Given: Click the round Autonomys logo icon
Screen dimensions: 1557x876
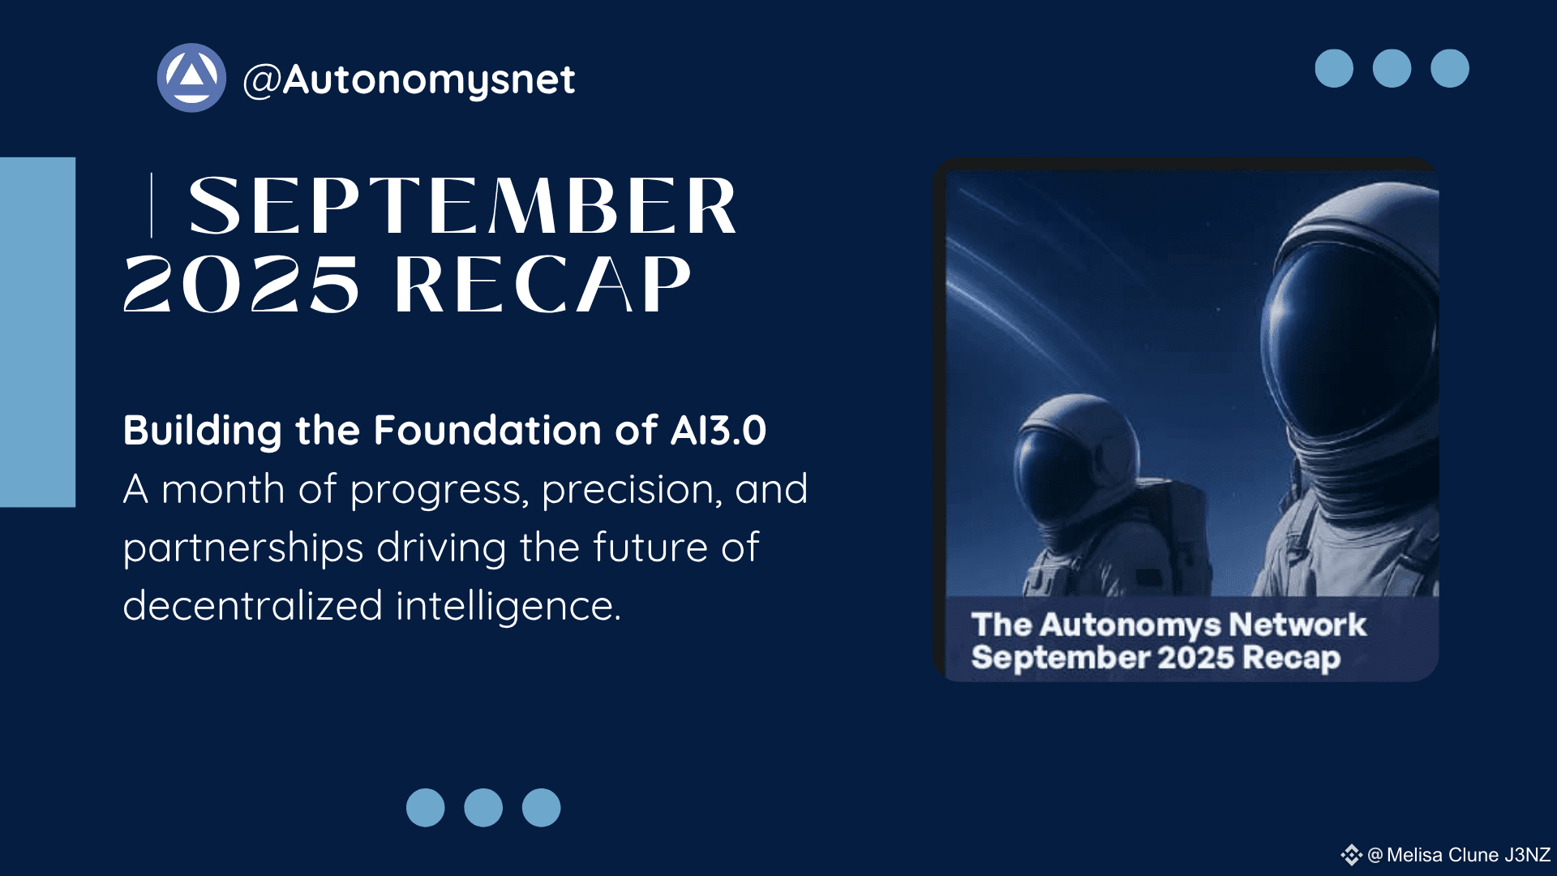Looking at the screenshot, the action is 191,78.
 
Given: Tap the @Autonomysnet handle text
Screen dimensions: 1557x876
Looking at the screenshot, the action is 409,80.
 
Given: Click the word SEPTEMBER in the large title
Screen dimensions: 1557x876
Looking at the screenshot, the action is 462,206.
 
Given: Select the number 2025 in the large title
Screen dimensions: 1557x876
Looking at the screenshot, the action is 241,284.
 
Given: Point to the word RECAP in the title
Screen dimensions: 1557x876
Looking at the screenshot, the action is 543,284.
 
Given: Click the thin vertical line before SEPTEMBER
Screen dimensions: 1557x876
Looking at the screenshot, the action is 152,205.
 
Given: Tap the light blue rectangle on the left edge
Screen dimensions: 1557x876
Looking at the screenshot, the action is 37,332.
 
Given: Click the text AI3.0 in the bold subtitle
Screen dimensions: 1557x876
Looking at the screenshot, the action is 718,430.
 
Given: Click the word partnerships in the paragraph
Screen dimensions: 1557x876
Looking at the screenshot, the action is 243,549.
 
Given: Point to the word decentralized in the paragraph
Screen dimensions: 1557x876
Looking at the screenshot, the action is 253,605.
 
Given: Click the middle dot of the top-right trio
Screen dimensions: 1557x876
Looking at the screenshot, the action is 1392,68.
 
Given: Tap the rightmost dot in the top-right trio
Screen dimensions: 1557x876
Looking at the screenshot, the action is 1450,68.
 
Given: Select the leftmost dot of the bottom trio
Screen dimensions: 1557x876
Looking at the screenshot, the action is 426,808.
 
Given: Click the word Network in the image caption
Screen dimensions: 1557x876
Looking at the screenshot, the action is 1297,625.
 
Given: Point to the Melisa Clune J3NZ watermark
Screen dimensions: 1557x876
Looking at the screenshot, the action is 1459,855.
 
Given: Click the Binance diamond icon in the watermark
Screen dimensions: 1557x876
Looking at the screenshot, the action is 1351,855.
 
